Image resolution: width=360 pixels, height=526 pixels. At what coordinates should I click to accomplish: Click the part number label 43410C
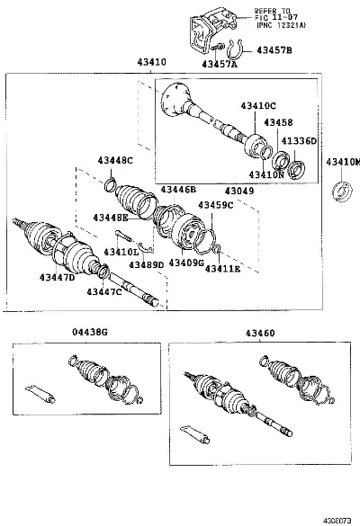tap(258, 106)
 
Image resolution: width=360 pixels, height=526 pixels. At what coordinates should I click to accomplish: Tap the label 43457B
tap(274, 50)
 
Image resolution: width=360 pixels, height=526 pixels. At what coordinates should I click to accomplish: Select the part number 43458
tap(278, 122)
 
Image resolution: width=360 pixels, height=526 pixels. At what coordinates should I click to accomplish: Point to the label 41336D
tap(299, 141)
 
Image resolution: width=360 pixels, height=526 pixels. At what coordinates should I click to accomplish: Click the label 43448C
tap(115, 160)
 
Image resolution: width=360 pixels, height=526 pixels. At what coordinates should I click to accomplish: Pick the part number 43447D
tap(57, 278)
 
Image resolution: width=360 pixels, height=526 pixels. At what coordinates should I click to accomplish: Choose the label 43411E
tap(222, 269)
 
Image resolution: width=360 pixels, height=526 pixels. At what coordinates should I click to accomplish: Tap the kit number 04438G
tap(90, 332)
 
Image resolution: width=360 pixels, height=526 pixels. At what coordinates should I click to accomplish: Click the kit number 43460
tap(260, 333)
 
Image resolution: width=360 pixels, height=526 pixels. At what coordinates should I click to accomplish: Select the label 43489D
tap(147, 265)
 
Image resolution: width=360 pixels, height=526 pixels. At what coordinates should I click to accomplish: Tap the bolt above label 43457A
tap(218, 48)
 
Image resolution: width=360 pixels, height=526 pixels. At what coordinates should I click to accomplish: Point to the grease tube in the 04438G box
tap(40, 393)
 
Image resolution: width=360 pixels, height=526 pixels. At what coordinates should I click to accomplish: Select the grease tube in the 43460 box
tap(194, 434)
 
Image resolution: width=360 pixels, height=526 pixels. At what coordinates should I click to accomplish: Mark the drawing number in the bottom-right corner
tap(337, 521)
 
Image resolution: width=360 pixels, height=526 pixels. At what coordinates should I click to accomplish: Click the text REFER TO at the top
tap(272, 11)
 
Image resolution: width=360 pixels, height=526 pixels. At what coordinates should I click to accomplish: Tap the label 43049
tap(239, 191)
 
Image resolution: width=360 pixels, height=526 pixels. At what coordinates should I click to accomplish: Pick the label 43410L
tap(121, 252)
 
